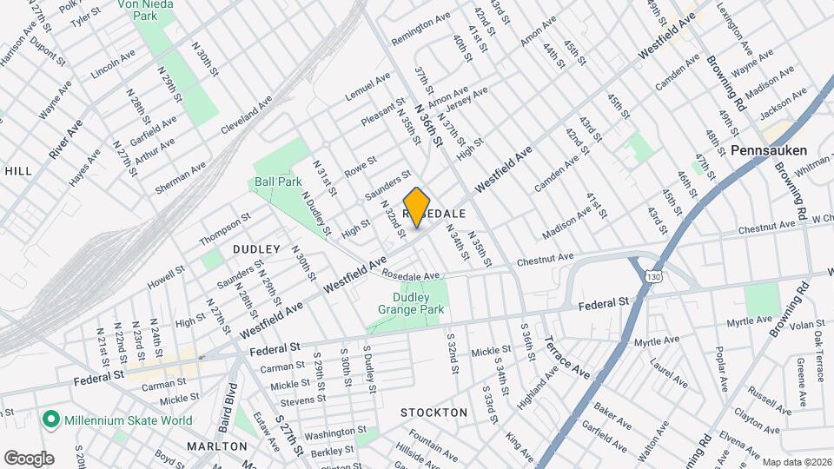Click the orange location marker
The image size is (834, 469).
[417, 207]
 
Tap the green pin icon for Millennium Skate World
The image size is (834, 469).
[50, 421]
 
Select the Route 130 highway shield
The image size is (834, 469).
[652, 275]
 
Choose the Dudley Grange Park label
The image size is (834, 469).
[412, 303]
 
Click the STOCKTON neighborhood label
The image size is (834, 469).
[434, 413]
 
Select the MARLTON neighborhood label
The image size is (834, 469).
[216, 446]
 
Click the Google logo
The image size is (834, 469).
[29, 458]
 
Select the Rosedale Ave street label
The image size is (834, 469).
[411, 276]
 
